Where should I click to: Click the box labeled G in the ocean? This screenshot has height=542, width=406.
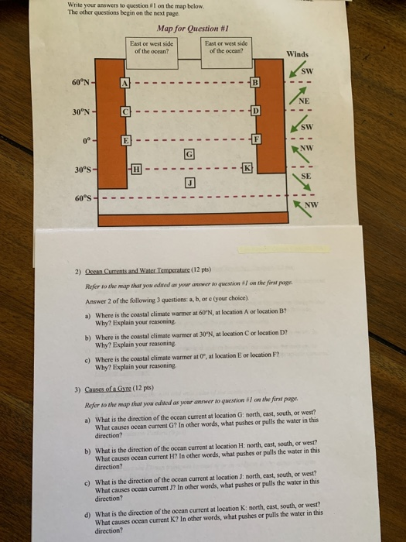pos(187,154)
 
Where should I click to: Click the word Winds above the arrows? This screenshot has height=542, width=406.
pos(298,55)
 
